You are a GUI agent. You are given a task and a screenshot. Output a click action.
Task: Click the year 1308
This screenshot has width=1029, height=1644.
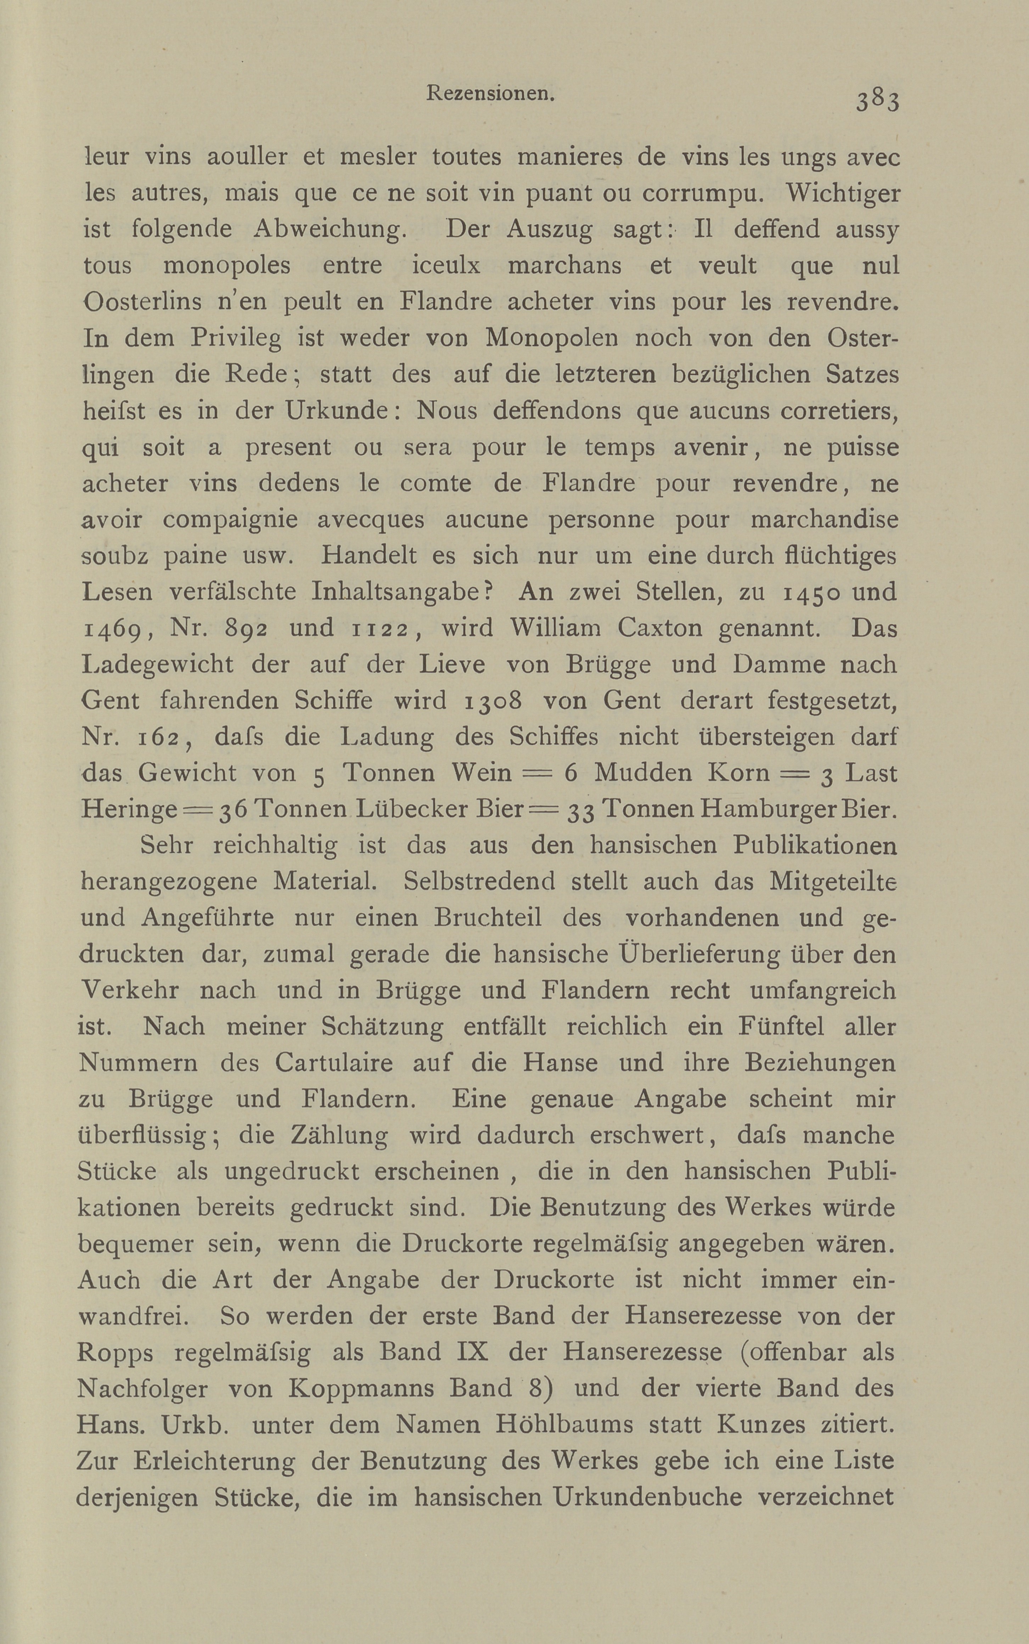(x=495, y=701)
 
